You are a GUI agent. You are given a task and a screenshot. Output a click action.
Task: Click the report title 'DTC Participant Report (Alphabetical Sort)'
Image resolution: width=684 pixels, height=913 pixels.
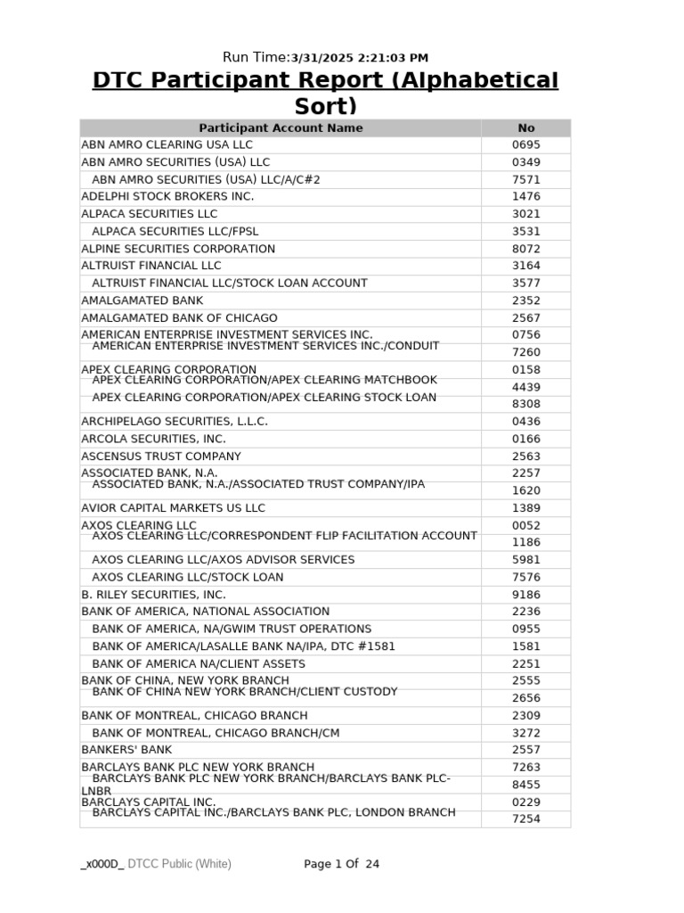(x=325, y=93)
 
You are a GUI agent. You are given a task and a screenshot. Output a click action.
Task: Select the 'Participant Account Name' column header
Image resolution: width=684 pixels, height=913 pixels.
(x=281, y=127)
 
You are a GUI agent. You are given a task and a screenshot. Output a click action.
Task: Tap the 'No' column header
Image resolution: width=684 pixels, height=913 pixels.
(x=526, y=127)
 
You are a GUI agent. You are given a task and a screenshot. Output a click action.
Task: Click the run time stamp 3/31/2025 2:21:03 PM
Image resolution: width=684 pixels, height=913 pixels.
(x=354, y=58)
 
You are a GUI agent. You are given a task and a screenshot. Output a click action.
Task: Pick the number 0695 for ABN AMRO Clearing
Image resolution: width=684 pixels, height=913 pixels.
(x=526, y=144)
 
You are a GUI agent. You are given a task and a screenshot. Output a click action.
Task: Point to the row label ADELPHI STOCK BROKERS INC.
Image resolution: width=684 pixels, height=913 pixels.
(x=167, y=196)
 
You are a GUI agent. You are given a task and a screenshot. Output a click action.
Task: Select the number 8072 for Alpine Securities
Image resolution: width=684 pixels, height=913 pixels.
(x=526, y=249)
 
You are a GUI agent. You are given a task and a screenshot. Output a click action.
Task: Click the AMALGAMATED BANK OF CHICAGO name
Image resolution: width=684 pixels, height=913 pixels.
(x=179, y=317)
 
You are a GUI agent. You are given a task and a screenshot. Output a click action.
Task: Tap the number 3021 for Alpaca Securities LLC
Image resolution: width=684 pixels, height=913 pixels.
(x=526, y=214)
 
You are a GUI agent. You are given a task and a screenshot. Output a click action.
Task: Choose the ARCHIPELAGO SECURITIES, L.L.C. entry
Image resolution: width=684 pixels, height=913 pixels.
(x=175, y=421)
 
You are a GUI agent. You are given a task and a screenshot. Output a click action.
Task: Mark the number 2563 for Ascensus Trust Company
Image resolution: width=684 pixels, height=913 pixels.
(x=526, y=456)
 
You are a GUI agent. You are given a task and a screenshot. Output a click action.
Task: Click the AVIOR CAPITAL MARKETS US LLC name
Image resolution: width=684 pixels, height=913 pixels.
(x=173, y=507)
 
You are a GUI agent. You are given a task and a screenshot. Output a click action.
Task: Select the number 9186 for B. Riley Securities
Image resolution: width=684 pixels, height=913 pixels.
(x=526, y=594)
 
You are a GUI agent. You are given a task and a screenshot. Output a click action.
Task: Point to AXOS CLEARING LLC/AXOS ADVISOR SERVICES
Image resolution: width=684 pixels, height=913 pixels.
(x=223, y=559)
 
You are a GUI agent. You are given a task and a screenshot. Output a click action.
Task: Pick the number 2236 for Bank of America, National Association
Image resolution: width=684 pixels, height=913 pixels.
(x=526, y=612)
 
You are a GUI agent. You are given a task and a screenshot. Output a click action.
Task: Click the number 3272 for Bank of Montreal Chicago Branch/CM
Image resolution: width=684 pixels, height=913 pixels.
(x=526, y=733)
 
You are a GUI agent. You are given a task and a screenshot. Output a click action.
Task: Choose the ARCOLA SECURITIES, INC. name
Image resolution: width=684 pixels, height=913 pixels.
(x=153, y=439)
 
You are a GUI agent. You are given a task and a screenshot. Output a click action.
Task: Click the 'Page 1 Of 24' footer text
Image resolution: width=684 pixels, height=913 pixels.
(x=341, y=864)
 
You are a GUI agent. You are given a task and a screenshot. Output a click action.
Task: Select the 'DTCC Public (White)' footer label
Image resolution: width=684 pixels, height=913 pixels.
(x=179, y=864)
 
